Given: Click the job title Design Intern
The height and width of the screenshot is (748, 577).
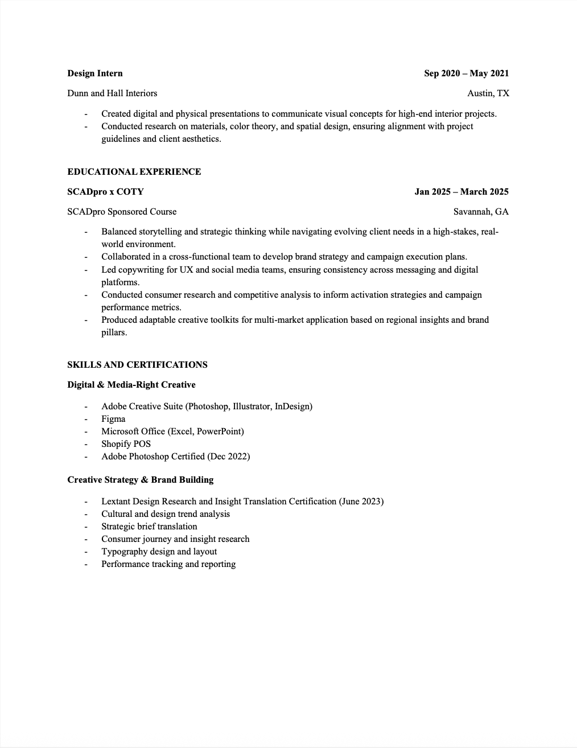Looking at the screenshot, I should [x=95, y=73].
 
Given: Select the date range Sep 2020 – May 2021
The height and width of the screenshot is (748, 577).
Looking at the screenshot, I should [x=466, y=73].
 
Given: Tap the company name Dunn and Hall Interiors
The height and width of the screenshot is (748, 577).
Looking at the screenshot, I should [x=112, y=93].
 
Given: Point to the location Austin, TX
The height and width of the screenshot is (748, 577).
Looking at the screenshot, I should [x=488, y=93].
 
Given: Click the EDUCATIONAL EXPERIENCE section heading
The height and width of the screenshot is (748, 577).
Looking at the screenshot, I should [x=134, y=172].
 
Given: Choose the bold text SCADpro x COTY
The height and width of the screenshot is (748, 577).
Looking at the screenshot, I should [x=105, y=192].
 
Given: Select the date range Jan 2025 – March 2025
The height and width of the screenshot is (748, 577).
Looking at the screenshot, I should [x=461, y=192].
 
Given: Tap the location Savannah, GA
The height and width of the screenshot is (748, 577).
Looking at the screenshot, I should [x=481, y=212].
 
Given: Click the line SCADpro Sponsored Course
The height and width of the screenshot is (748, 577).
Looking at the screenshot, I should [x=122, y=212].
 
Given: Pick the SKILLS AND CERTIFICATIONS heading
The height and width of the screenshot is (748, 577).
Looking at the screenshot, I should [x=137, y=365].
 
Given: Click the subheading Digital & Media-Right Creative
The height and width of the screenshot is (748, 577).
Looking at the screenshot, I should [x=131, y=385].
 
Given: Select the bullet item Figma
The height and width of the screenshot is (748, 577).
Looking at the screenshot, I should [x=113, y=419].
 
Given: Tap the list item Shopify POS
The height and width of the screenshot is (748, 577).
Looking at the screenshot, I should [x=126, y=444].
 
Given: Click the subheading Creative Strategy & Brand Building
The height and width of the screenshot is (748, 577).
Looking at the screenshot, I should [x=141, y=480].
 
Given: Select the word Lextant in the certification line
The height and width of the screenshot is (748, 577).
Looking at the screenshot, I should [x=116, y=502].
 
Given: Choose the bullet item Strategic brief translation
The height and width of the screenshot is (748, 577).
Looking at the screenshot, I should [x=149, y=527].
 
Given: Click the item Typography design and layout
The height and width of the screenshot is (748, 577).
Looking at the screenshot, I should [x=159, y=552].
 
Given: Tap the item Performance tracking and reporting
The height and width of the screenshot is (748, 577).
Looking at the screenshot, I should [x=168, y=564].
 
